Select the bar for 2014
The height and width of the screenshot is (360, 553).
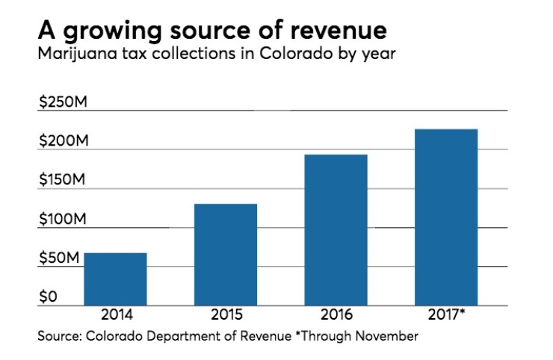(115, 279)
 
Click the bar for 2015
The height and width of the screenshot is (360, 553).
(226, 254)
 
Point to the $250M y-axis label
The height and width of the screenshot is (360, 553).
(63, 102)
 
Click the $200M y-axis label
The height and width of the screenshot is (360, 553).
(63, 140)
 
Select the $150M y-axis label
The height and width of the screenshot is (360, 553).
(63, 180)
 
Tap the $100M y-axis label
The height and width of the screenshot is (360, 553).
(63, 219)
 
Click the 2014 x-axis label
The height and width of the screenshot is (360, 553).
(115, 314)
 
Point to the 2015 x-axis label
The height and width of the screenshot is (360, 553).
(226, 314)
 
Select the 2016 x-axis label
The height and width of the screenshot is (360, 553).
(336, 314)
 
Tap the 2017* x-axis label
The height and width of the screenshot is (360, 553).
(448, 314)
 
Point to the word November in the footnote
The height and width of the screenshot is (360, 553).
(386, 336)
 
